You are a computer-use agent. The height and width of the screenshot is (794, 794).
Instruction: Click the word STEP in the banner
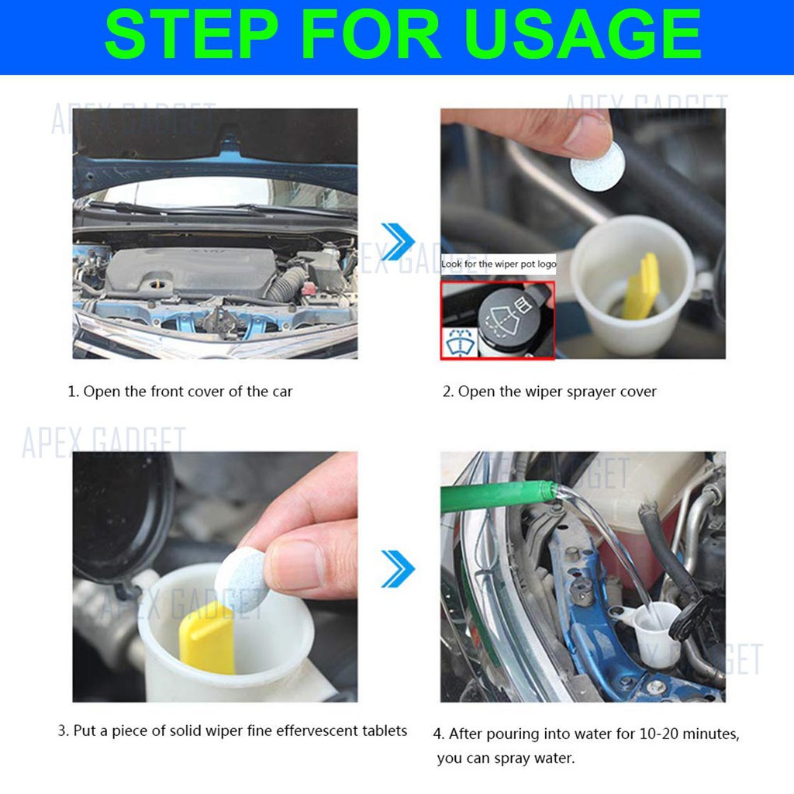click(x=192, y=34)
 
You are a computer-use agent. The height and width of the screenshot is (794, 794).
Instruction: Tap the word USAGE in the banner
click(x=582, y=34)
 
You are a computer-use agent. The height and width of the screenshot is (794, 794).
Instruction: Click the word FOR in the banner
click(x=371, y=34)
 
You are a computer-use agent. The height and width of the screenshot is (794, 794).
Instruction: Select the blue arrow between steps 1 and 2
click(x=398, y=242)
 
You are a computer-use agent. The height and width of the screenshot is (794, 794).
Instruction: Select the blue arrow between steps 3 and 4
click(x=398, y=568)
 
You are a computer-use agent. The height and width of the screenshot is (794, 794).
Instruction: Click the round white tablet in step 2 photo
click(x=598, y=166)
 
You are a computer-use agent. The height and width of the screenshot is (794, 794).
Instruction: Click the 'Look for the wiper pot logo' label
click(x=499, y=264)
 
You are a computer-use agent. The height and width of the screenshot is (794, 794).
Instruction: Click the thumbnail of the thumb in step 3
click(x=298, y=564)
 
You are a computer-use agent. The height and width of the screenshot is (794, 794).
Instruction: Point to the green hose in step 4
click(x=499, y=496)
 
